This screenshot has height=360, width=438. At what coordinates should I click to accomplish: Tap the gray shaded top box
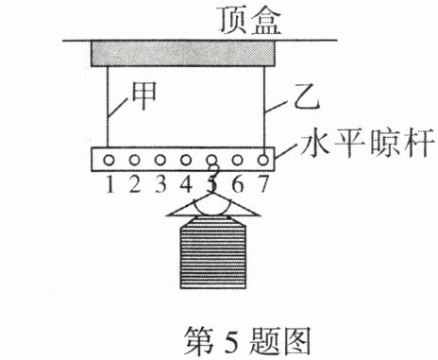coord(183,54)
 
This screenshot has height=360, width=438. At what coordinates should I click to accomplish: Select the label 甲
coord(143,95)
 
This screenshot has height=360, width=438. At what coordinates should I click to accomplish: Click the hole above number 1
coord(109,161)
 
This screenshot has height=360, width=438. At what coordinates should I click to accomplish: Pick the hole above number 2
coord(134,161)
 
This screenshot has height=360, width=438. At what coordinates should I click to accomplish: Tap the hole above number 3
coord(160,161)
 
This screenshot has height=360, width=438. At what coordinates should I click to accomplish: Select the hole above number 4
coord(186,161)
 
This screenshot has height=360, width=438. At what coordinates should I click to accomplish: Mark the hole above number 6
coord(238,161)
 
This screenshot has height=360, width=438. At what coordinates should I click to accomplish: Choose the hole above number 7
coord(263,161)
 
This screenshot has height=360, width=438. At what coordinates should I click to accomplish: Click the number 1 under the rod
coord(109,184)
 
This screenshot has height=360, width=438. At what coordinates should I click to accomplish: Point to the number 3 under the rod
coord(160,184)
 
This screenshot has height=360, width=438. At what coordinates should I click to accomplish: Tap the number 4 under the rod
coord(186,184)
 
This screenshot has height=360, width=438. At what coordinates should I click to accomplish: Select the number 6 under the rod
coord(238,184)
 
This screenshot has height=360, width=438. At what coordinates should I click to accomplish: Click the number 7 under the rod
coord(263,184)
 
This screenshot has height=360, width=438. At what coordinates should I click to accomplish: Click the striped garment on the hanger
coord(213,252)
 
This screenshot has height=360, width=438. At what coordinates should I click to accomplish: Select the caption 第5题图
coord(247,341)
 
